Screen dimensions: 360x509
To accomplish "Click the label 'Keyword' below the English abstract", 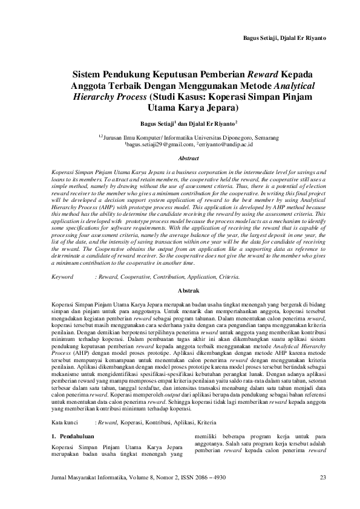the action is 63,276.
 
